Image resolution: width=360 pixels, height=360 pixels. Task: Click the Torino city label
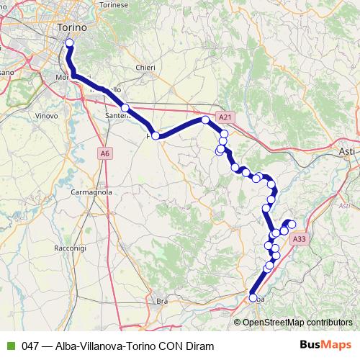[71, 27]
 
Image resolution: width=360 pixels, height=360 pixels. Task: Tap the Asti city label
[347, 152]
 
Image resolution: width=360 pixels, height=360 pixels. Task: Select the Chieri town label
[145, 68]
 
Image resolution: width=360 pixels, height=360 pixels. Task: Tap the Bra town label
[162, 300]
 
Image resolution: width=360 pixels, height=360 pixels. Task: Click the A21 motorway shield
[225, 117]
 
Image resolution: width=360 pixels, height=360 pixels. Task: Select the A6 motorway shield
[105, 153]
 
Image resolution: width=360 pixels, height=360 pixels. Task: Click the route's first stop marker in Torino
[69, 43]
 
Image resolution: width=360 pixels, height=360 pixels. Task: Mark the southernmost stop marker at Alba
[253, 297]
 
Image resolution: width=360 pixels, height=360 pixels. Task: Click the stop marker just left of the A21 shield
[205, 120]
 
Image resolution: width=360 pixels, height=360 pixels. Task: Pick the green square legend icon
[9, 345]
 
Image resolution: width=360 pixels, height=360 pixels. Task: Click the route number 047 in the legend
[31, 345]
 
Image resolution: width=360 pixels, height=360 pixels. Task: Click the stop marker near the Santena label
[125, 108]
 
